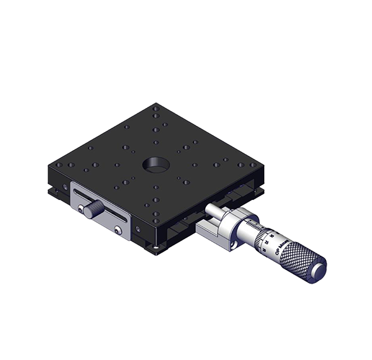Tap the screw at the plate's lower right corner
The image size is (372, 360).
118,231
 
